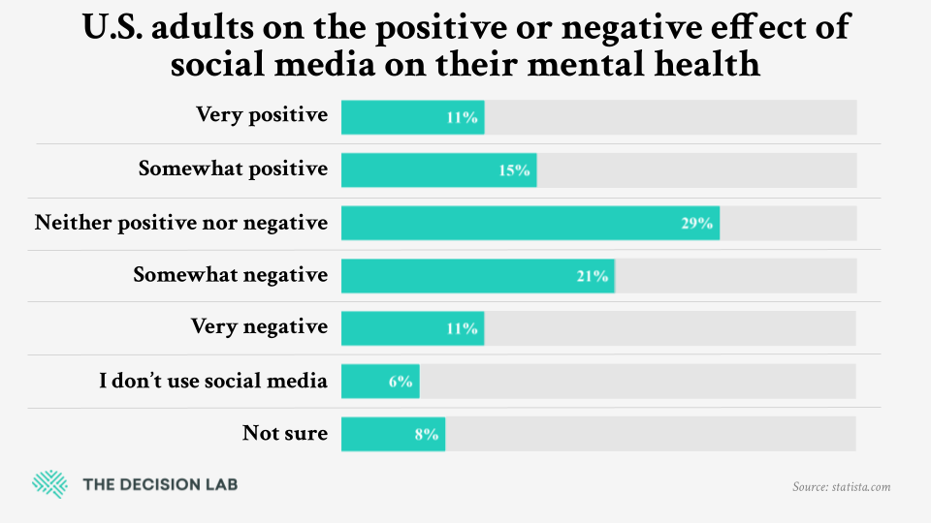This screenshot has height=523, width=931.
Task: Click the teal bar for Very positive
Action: click(412, 117)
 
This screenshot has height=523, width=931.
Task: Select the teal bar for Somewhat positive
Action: click(438, 169)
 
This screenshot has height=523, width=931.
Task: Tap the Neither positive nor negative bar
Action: click(530, 223)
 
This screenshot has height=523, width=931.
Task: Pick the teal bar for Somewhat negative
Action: click(477, 275)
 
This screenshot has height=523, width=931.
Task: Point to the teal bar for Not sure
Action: click(393, 434)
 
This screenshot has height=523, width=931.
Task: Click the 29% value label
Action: click(696, 224)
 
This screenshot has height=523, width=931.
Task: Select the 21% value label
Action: click(592, 276)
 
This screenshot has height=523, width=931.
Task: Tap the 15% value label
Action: click(515, 170)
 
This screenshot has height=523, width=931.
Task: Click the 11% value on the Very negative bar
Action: click(463, 328)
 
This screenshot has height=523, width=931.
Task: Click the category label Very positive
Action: click(262, 115)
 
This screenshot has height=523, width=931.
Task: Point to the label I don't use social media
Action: click(213, 381)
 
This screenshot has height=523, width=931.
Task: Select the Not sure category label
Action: click(285, 433)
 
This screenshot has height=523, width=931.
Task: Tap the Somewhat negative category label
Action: click(231, 274)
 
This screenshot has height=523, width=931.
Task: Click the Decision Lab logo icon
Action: click(48, 483)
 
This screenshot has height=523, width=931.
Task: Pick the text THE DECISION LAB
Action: click(160, 484)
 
